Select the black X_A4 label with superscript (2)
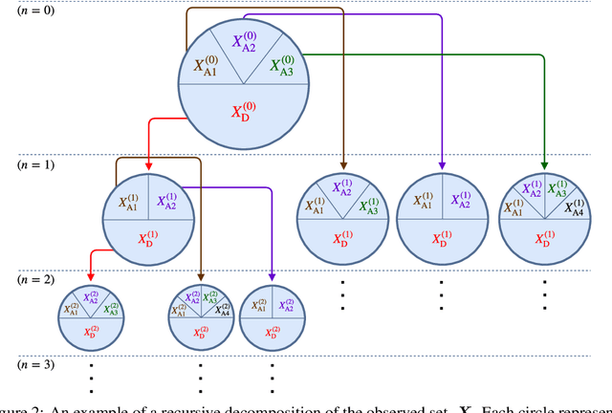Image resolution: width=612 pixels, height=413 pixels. tap(223, 309)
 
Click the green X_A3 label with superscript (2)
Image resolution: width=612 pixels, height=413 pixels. tap(112, 309)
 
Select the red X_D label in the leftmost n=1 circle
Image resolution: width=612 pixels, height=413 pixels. tap(149, 238)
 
